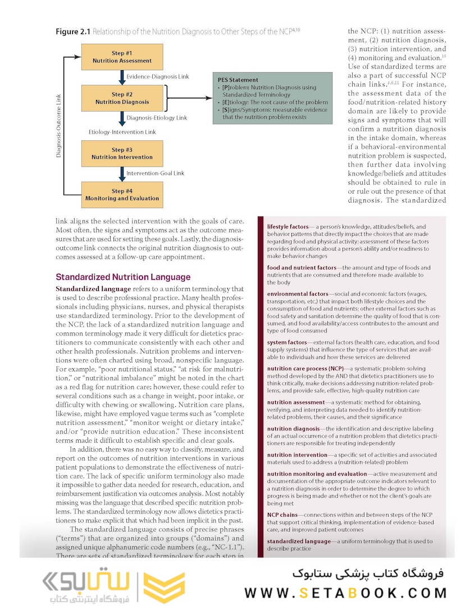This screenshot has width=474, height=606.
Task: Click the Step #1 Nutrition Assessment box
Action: tap(122, 57)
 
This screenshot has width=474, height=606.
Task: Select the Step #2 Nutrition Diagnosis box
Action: tap(122, 98)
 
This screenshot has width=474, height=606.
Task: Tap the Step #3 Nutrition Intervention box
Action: tap(122, 154)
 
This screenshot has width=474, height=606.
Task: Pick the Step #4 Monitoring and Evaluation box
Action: tap(122, 195)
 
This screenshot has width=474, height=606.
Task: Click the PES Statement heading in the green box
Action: tap(238, 80)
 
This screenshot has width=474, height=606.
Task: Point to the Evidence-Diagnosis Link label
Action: tap(158, 76)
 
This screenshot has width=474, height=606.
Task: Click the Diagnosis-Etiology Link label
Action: tap(157, 118)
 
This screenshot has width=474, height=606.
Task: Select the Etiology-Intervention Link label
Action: tap(122, 132)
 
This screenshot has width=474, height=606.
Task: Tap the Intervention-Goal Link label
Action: tap(155, 173)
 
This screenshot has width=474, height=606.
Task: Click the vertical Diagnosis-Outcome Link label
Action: tap(59, 125)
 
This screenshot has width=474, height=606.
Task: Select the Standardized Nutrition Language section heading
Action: tap(123, 277)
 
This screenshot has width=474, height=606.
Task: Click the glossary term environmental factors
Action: tap(298, 293)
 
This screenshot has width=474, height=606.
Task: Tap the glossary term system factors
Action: tap(286, 342)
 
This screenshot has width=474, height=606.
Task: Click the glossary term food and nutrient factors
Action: tap(301, 268)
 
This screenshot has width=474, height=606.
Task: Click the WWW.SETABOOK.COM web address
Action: tap(345, 593)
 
